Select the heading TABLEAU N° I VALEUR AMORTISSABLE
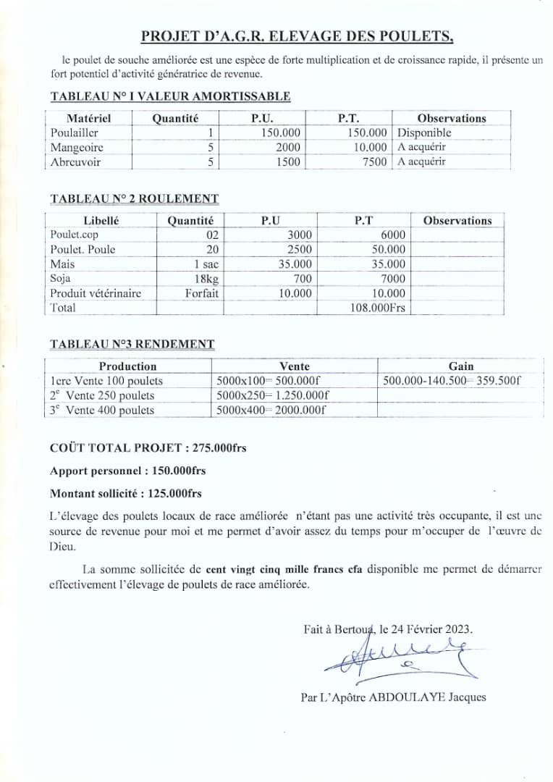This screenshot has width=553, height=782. tap(170, 96)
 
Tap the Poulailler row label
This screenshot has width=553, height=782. tap(75, 133)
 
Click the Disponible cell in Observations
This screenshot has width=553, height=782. tap(424, 133)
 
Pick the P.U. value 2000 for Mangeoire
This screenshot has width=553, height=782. tap(287, 148)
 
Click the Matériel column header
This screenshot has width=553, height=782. tap(88, 118)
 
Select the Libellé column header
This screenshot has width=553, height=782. tap(101, 221)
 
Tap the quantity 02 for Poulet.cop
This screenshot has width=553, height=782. tap(211, 235)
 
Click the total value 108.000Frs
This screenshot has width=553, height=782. tap(378, 308)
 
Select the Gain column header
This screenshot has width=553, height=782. tap(461, 366)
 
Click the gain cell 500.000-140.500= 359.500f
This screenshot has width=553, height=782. tap(452, 381)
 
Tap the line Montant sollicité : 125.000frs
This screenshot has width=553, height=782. tap(126, 494)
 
